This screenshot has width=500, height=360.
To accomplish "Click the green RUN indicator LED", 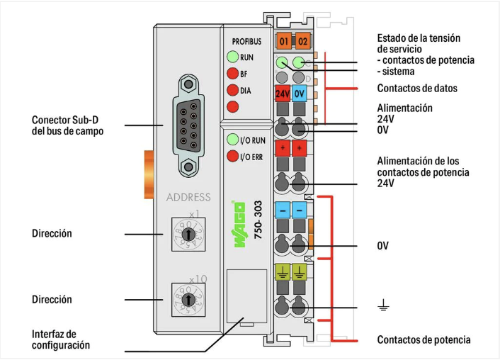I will pyautogui.click(x=232, y=57).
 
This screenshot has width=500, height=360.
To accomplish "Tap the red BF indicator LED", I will pyautogui.click(x=232, y=73).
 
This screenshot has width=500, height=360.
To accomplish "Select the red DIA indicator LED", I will pyautogui.click(x=232, y=90).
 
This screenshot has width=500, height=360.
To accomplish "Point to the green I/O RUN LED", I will pyautogui.click(x=232, y=140).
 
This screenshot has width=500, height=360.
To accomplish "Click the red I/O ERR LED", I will pyautogui.click(x=232, y=156).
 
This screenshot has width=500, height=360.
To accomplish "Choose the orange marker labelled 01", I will pyautogui.click(x=285, y=40).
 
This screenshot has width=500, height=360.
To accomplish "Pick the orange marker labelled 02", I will pyautogui.click(x=302, y=40).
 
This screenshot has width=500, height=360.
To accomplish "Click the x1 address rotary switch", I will pyautogui.click(x=188, y=234).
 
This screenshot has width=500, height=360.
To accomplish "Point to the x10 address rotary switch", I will pyautogui.click(x=188, y=299).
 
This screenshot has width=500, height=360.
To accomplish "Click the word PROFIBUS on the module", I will pyautogui.click(x=246, y=42).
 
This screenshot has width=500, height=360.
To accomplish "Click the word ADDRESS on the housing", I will pyautogui.click(x=188, y=198).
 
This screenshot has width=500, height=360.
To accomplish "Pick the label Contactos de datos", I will pyautogui.click(x=417, y=89).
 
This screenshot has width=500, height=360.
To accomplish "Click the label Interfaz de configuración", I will pyautogui.click(x=61, y=339).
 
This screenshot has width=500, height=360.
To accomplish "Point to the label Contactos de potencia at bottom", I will pyautogui.click(x=424, y=340).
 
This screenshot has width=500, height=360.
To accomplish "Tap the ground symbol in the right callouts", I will pyautogui.click(x=383, y=306).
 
